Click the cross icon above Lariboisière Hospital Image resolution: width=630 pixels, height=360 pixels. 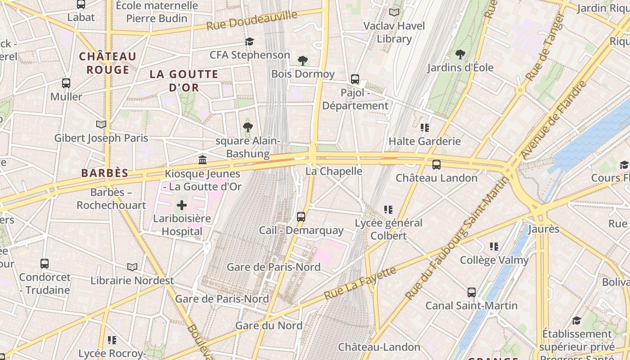(182, 206)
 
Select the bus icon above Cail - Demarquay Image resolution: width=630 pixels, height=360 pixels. (301, 217)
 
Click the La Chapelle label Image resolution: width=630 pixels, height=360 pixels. (333, 171)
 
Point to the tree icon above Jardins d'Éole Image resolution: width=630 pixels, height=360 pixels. (460, 55)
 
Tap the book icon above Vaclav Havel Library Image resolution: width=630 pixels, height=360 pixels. (394, 13)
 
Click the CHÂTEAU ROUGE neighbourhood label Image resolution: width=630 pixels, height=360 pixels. (108, 63)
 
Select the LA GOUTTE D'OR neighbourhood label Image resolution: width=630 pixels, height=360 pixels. (184, 81)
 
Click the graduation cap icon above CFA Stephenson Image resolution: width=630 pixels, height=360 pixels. (249, 42)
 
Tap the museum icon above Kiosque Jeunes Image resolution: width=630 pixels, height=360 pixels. (202, 160)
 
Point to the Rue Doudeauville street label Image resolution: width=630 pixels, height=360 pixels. (252, 20)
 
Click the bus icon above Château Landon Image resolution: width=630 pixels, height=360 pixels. (436, 165)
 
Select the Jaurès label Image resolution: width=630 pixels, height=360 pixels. (543, 229)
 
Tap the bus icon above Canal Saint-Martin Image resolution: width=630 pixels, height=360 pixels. (471, 292)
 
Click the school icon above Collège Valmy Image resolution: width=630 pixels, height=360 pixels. (494, 247)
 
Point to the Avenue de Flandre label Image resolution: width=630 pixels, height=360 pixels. (554, 120)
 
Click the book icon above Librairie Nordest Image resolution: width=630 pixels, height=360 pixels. (132, 267)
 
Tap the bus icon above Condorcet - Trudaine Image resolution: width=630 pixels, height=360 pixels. (44, 264)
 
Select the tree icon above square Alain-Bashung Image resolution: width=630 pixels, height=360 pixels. (247, 127)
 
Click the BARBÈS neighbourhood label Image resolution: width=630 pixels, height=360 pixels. (105, 173)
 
